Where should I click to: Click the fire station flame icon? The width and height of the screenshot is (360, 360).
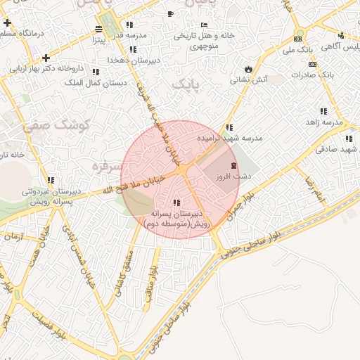247,69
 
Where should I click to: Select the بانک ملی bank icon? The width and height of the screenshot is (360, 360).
297,39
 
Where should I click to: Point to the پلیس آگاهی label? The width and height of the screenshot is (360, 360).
340,47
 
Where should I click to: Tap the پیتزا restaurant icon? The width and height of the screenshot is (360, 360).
98,30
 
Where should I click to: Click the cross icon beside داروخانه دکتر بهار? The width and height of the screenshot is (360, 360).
46,58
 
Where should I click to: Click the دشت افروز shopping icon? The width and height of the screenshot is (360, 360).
233,165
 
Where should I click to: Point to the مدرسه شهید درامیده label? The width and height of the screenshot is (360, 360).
230,139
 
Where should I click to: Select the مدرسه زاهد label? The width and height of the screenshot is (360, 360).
324,122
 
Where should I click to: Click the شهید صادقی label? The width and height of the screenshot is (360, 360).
337,149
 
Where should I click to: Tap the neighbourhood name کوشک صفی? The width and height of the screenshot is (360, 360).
48,127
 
